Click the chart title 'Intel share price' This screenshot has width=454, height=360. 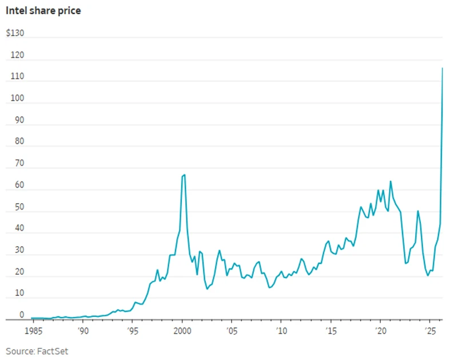coord(43,11)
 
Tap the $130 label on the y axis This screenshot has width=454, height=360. coord(15,33)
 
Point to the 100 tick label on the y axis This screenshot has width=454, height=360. coord(17,98)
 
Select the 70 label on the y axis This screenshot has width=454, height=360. coord(19,163)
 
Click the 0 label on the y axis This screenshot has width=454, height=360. coord(22,314)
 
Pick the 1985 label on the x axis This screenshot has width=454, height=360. coord(33,331)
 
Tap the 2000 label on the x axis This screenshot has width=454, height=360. coord(182,331)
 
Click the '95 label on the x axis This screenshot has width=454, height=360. coord(133,331)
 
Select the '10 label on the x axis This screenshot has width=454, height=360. coord(281,331)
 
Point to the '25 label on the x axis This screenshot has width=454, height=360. coord(430,331)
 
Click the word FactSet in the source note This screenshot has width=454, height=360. coord(53,351)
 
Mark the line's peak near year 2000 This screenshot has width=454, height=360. coord(185,175)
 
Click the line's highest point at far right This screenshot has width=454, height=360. coord(442,68)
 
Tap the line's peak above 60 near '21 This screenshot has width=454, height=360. coord(391,181)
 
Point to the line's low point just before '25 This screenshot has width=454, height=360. coord(428,275)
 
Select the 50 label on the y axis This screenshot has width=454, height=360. coord(19,207)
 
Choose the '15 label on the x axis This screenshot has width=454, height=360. coord(331,331)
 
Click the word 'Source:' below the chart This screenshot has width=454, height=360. coord(21,351)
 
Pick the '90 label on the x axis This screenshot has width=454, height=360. coord(83,331)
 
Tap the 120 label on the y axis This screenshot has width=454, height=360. coord(17,55)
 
